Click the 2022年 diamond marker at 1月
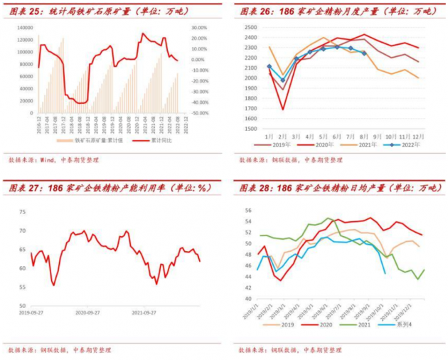coord(269,66)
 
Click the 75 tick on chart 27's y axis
coord(23,212)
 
